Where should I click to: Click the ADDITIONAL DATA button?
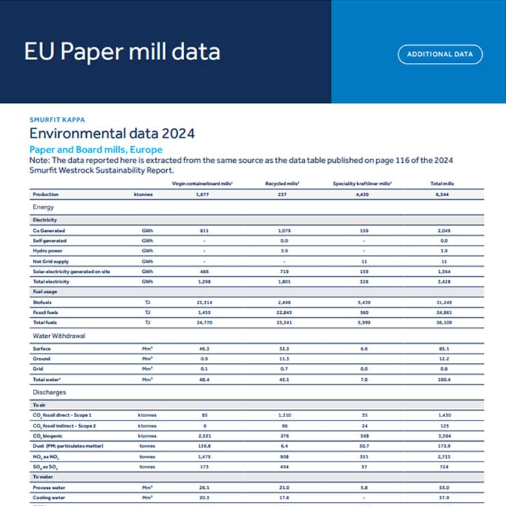(440, 54)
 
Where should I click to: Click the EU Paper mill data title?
(122, 52)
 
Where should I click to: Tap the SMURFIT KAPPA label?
(57, 120)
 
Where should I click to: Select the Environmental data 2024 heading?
(112, 133)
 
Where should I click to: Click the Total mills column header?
(442, 184)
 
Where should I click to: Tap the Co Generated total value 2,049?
(442, 231)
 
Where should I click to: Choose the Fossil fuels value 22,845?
(284, 312)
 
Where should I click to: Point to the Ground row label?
(42, 358)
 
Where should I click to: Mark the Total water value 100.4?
(442, 379)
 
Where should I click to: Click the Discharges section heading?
(49, 392)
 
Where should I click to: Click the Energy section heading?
(43, 207)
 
